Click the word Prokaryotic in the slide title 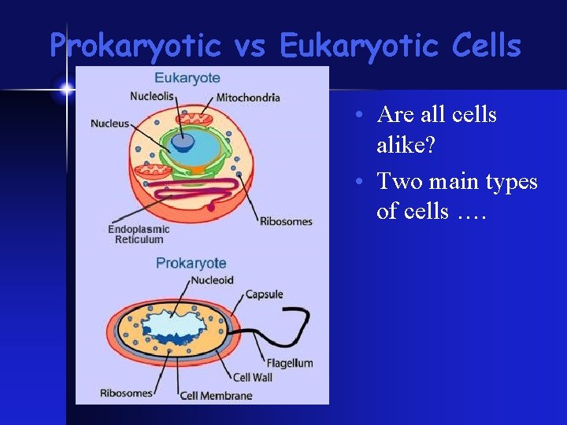[x=135, y=46]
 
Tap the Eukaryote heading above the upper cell [x=187, y=78]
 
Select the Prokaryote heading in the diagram [x=191, y=263]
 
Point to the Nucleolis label [x=153, y=97]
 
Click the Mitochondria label [x=248, y=98]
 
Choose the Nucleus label [x=109, y=124]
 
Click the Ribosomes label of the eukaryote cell [x=286, y=221]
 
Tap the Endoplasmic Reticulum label [x=139, y=235]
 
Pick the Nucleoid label [x=212, y=280]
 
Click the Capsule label [x=264, y=294]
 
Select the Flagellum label [x=289, y=363]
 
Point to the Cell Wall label [x=253, y=378]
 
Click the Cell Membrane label [x=216, y=395]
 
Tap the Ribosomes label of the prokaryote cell [x=125, y=393]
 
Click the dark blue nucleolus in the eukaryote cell [x=183, y=142]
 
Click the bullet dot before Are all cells [x=358, y=115]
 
